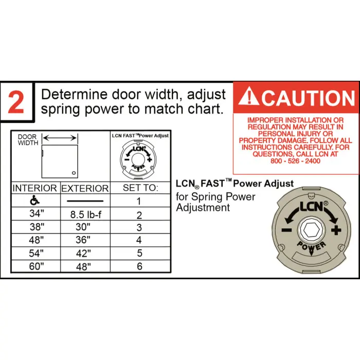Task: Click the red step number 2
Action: click(16, 103)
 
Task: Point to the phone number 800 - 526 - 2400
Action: click(295, 161)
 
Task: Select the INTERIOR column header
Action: click(35, 188)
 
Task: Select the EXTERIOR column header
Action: click(85, 189)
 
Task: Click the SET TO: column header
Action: click(139, 188)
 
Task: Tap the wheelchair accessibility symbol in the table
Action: click(35, 201)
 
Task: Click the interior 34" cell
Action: click(35, 213)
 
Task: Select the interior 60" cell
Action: click(35, 266)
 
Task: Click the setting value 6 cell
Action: click(139, 266)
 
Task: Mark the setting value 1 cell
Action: click(139, 201)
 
